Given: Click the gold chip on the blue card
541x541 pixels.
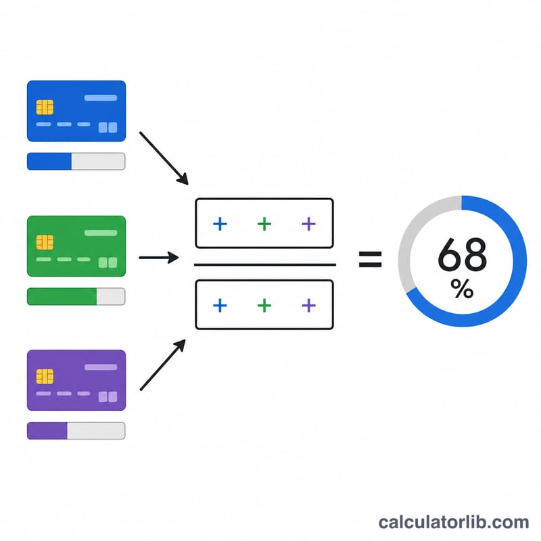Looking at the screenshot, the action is pyautogui.click(x=45, y=107).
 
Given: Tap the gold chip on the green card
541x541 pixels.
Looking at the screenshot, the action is pyautogui.click(x=45, y=242).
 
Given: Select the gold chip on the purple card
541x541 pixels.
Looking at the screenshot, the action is pyautogui.click(x=45, y=377).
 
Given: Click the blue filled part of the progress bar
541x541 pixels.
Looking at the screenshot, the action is pyautogui.click(x=49, y=161).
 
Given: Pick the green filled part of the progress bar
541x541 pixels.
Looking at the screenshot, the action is pyautogui.click(x=62, y=296).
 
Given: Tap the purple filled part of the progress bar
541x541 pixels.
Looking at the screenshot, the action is pyautogui.click(x=47, y=431).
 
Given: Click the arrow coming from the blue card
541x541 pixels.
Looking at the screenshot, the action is pyautogui.click(x=164, y=158).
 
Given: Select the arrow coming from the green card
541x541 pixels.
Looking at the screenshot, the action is pyautogui.click(x=159, y=258).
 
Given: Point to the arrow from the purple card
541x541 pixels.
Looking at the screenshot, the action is pyautogui.click(x=163, y=364).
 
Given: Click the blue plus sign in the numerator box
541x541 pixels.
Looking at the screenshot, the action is pyautogui.click(x=220, y=224).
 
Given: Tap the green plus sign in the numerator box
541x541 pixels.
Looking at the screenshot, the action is pyautogui.click(x=264, y=224).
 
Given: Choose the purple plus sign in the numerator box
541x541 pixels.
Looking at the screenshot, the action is pyautogui.click(x=309, y=224).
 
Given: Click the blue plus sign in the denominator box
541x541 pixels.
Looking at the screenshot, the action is pyautogui.click(x=220, y=306).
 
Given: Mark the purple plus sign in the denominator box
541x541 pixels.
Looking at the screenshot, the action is pyautogui.click(x=309, y=306).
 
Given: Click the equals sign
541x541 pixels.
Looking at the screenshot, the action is pyautogui.click(x=370, y=260).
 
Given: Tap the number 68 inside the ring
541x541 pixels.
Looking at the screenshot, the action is pyautogui.click(x=463, y=255).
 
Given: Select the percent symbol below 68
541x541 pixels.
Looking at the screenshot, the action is pyautogui.click(x=462, y=289).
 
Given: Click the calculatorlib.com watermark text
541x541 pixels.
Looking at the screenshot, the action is pyautogui.click(x=454, y=522).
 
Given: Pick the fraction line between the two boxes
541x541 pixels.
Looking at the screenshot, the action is pyautogui.click(x=265, y=264).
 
